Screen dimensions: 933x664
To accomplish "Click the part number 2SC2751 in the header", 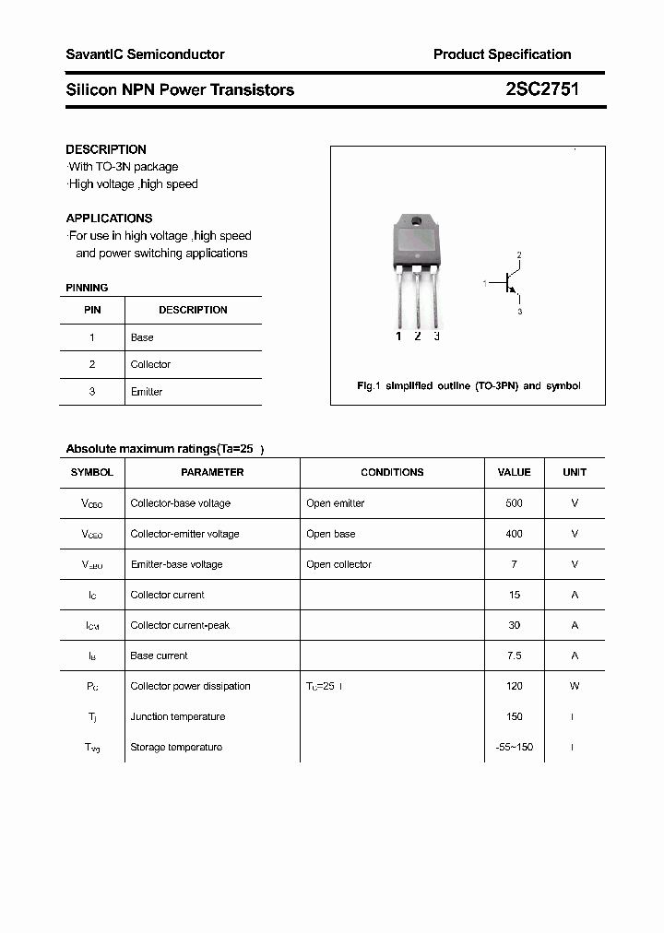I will (542, 89).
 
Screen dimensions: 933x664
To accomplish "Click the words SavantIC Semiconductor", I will (145, 54).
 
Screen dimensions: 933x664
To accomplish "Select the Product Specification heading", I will (502, 54).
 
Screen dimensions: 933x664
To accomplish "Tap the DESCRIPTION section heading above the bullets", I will (106, 149).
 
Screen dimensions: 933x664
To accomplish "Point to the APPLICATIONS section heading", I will (109, 218).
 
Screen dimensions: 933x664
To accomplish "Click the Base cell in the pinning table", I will (142, 337).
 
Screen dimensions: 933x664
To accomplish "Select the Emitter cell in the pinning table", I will (147, 392).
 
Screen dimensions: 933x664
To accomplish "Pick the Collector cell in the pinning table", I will (150, 364).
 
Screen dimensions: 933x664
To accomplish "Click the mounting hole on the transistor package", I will (417, 222).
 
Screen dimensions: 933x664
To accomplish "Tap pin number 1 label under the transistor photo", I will (398, 337).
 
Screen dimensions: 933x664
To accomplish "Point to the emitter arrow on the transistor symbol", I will (513, 290).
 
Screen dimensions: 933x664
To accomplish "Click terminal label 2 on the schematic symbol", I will (519, 255).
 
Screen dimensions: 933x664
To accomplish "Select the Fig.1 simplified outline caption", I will (468, 386).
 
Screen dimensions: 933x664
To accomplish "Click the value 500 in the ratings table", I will (514, 503).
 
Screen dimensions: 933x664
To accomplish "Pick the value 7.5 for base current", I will (514, 655).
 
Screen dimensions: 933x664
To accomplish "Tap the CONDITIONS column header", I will (392, 472).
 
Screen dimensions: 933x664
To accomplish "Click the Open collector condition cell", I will (338, 564).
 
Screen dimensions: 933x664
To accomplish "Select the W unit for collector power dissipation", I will (575, 686).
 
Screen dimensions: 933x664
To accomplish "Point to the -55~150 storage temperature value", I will (514, 747).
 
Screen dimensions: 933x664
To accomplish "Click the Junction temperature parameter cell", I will (177, 716).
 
